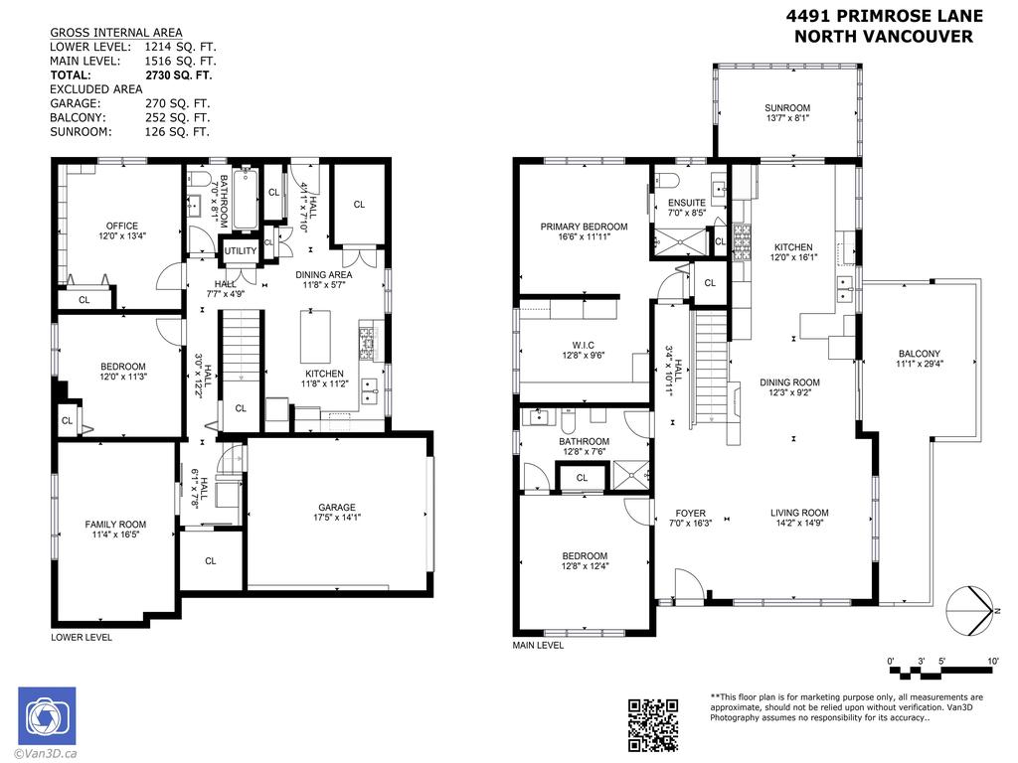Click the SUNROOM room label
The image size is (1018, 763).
787,108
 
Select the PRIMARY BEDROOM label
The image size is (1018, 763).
584,227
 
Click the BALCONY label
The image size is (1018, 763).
919,354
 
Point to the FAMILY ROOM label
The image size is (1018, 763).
115,525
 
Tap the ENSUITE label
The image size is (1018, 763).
686,203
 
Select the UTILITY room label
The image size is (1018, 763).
240,251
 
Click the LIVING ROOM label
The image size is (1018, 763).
798,514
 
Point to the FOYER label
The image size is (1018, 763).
690,514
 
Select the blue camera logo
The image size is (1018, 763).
47,715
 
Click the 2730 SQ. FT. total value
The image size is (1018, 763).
178,75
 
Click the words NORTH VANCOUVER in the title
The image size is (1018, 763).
884,37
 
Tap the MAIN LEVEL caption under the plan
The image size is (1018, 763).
538,645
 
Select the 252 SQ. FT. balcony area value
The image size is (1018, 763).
177,116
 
